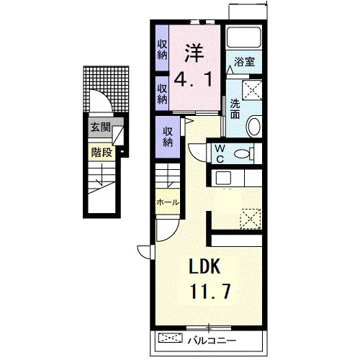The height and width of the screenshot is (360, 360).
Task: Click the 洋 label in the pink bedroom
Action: coord(194,53)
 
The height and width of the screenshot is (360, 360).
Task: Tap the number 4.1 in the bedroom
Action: coord(194,80)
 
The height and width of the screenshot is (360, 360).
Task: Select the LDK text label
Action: coord(204,266)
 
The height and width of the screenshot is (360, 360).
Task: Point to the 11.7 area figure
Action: coord(210,291)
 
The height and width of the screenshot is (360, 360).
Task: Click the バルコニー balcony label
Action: coord(212,341)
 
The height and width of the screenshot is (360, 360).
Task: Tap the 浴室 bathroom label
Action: coord(244,62)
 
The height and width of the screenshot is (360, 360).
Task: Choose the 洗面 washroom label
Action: coord(235,109)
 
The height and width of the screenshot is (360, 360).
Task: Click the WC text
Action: coord(220,153)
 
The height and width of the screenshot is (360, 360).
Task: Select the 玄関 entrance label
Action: coord(100,127)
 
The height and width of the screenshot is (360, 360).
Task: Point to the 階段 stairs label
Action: coord(102,152)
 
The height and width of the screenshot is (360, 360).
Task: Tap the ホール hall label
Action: coord(168,202)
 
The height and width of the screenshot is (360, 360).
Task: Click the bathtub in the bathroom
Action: coord(244,37)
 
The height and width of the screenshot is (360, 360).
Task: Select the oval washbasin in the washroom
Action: coord(254,127)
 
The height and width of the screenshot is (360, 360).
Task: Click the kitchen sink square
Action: coord(223,178)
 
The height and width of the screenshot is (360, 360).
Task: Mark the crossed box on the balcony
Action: coord(171,338)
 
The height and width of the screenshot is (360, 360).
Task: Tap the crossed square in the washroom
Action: coord(252,90)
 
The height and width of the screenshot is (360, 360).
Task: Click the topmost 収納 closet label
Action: coord(162,50)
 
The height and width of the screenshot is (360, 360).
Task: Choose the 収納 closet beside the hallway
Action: coord(168,137)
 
